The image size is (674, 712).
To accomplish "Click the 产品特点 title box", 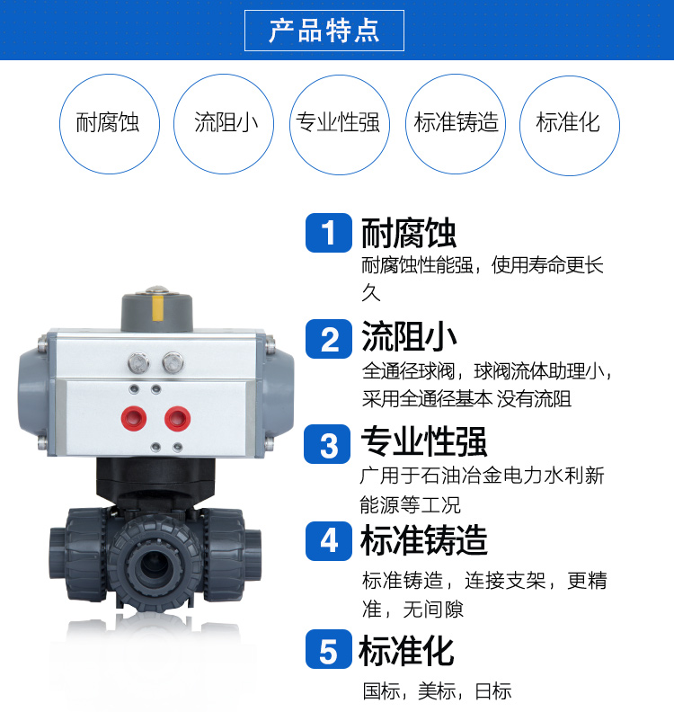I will (x=324, y=31).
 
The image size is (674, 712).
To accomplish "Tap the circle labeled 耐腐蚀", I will (x=108, y=124).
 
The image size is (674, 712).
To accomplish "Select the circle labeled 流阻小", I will (x=225, y=124).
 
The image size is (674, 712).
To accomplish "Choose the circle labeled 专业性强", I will (x=339, y=124).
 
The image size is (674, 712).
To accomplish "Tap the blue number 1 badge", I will (x=329, y=233).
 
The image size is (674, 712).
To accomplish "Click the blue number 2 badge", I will (x=329, y=339).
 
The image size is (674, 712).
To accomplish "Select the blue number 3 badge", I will (x=329, y=444).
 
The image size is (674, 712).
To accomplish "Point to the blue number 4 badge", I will (x=329, y=541).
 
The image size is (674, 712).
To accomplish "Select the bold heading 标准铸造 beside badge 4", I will (x=423, y=540).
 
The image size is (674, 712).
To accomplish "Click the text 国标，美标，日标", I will (x=437, y=690).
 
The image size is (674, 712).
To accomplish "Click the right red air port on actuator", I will (x=175, y=416).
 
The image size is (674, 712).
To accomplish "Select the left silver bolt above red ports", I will (x=137, y=364).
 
